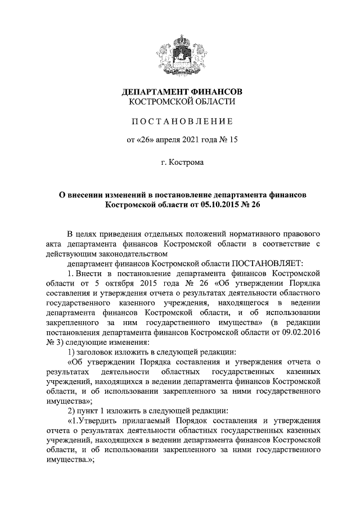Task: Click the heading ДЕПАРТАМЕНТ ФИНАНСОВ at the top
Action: [180, 92]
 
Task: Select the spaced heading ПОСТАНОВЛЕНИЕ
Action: [180, 121]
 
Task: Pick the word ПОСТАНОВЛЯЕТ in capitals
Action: [268, 263]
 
